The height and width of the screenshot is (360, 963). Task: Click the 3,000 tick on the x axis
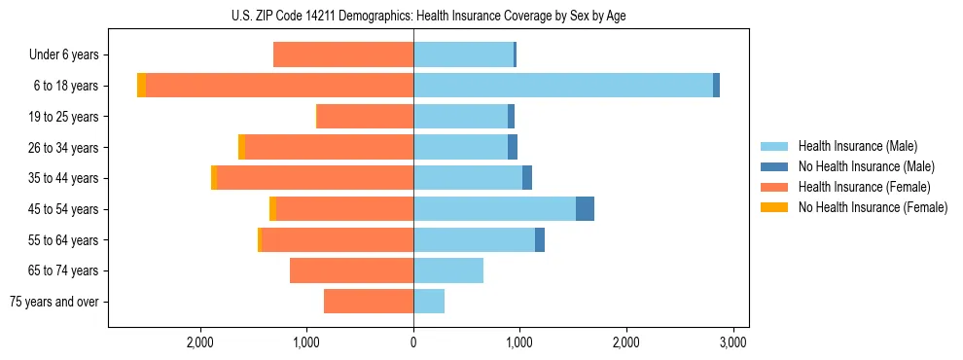(x=732, y=342)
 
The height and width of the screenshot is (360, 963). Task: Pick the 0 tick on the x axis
(x=413, y=342)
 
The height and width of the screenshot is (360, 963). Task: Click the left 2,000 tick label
(x=200, y=342)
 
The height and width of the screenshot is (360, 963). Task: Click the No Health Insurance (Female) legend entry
(x=873, y=207)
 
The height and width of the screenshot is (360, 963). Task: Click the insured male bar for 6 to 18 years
(x=563, y=86)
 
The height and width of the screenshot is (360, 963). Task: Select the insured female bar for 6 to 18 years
(x=279, y=86)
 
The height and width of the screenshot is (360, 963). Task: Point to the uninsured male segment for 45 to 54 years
(x=585, y=209)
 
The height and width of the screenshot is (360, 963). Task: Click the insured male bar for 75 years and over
(x=429, y=302)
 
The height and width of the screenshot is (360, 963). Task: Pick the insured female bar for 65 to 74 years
(x=351, y=270)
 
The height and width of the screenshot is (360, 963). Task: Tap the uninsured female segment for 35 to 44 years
(x=214, y=178)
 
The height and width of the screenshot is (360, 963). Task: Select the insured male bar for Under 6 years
(x=463, y=55)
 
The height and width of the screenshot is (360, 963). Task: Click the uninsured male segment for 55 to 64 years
(x=540, y=240)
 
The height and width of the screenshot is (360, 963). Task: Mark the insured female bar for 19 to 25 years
(x=366, y=117)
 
